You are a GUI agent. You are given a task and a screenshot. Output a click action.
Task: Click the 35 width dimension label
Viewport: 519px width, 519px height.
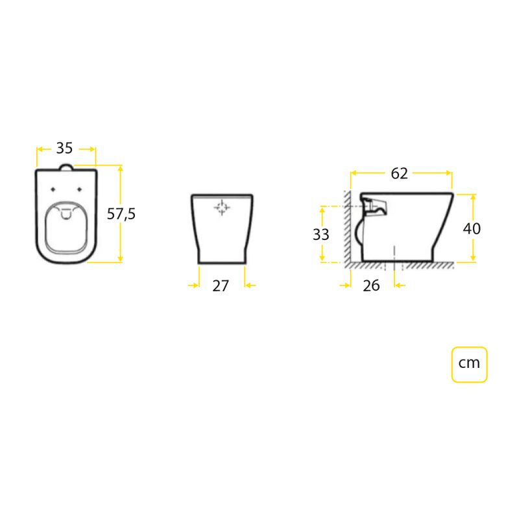64,148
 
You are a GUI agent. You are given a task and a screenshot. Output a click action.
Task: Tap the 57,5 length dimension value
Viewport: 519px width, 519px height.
121,214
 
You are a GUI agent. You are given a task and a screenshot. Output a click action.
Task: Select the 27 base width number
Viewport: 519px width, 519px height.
221,286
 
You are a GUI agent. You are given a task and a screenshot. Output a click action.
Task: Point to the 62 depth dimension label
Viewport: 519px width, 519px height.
399,173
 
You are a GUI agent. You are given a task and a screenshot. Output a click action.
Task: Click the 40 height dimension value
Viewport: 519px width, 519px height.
472,228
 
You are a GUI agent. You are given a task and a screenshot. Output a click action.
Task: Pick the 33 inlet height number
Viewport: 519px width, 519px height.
320,235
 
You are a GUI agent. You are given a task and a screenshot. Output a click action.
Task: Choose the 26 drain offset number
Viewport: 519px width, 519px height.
371,285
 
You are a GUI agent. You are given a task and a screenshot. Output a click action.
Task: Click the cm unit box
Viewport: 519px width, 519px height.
469,365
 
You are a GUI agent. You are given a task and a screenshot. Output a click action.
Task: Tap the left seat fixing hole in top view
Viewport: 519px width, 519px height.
53,189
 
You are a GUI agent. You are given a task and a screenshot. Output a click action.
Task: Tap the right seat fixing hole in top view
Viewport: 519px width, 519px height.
79,189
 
